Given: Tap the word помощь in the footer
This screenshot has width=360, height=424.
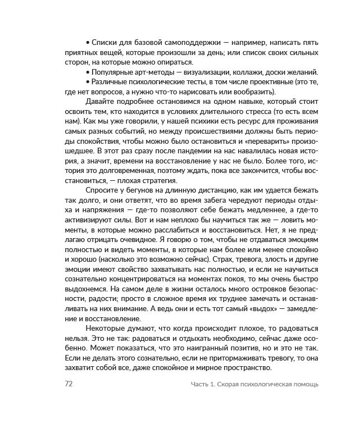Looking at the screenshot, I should pyautogui.click(x=305, y=385).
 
